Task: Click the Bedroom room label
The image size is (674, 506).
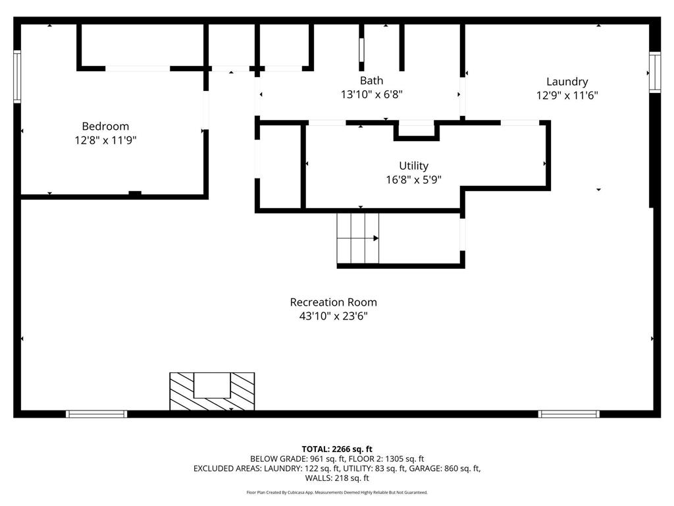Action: click(x=105, y=126)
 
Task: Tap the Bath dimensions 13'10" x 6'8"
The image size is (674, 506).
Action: click(x=371, y=94)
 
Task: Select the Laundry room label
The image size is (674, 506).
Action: click(x=567, y=82)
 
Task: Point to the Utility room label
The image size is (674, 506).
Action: click(x=413, y=166)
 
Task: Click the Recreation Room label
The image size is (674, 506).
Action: click(x=333, y=302)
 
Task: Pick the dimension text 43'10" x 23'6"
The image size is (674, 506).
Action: click(x=333, y=316)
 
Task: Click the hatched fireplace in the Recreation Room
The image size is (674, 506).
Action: click(x=212, y=391)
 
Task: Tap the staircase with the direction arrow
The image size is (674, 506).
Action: click(x=358, y=238)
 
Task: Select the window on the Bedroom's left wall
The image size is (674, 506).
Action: click(x=18, y=77)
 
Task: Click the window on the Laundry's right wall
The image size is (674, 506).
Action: click(x=654, y=72)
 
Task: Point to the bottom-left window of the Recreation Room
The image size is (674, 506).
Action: click(x=96, y=414)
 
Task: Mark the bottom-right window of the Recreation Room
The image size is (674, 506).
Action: click(x=569, y=414)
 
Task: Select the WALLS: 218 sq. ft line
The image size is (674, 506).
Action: click(x=337, y=478)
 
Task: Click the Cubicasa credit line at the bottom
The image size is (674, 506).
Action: click(x=337, y=492)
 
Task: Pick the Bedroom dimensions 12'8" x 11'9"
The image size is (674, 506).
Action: click(x=105, y=140)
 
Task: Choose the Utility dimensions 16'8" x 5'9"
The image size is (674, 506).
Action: click(x=413, y=179)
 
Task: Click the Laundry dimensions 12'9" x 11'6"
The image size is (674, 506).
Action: click(x=567, y=95)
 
